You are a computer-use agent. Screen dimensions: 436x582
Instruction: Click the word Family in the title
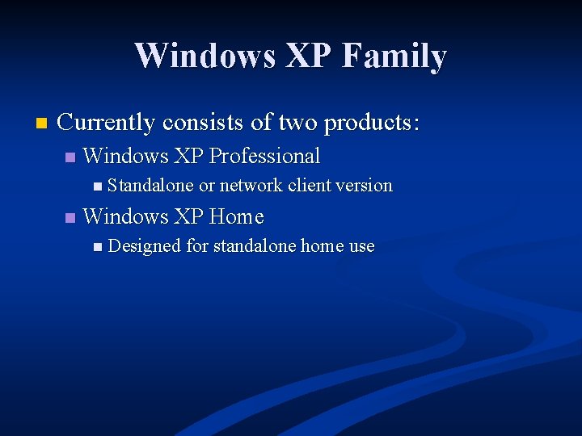click(394, 57)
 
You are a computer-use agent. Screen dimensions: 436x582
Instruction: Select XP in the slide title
click(301, 57)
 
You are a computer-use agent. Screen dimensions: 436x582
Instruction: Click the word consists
click(204, 123)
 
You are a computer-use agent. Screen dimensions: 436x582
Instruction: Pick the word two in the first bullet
click(297, 123)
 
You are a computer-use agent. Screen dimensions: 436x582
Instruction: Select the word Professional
click(264, 156)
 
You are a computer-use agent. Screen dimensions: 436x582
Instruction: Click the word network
click(251, 186)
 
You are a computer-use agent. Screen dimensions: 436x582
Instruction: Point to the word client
click(310, 186)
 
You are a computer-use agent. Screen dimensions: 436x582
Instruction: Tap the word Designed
click(144, 246)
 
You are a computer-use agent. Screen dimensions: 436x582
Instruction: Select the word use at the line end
click(361, 246)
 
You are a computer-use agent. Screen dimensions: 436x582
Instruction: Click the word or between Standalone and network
click(207, 186)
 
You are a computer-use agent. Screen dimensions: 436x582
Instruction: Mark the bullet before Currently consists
click(41, 124)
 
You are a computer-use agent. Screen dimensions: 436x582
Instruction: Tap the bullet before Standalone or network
click(97, 187)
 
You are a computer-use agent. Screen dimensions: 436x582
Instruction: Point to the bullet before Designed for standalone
click(97, 247)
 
